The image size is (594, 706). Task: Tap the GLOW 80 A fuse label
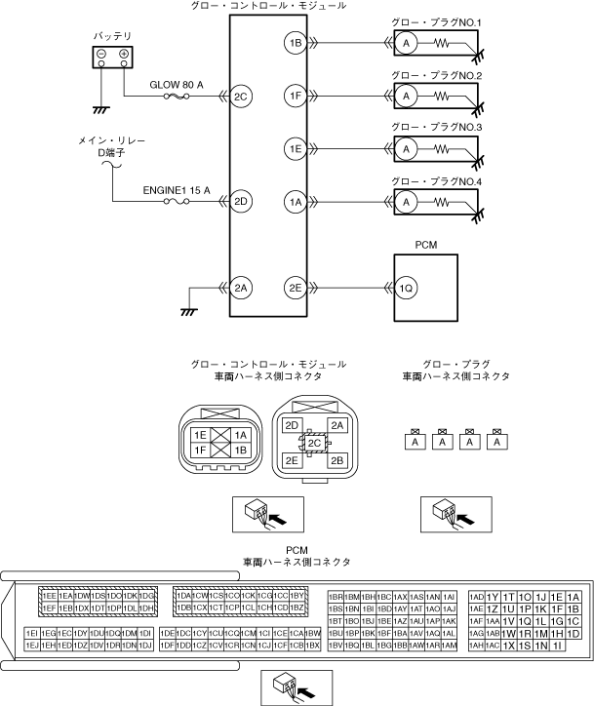click(x=177, y=86)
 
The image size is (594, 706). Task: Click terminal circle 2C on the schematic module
click(x=241, y=96)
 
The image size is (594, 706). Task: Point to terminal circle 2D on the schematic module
click(x=241, y=202)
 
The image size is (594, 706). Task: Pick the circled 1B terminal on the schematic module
click(x=296, y=43)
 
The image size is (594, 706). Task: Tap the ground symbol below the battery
click(x=99, y=109)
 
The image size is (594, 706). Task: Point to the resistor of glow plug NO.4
click(x=448, y=202)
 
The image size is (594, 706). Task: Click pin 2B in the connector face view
click(x=337, y=459)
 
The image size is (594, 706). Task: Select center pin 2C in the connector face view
click(x=314, y=443)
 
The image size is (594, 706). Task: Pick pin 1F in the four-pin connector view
click(x=200, y=451)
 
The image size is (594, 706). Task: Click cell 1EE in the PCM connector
click(x=48, y=596)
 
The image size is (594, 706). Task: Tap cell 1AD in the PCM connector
click(x=476, y=597)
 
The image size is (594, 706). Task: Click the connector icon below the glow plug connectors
click(x=442, y=512)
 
